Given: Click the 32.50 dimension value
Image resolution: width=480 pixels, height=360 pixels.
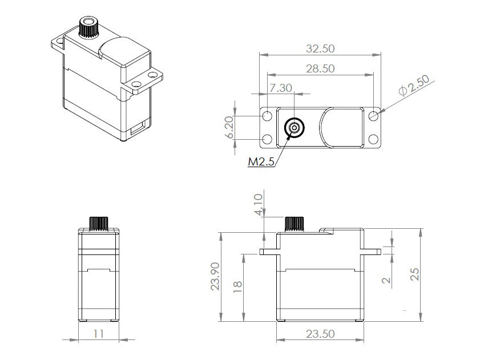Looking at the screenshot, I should [320, 48].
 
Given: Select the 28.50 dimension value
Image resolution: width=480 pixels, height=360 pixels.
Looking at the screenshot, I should [320, 68].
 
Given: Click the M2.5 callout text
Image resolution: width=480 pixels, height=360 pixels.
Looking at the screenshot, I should [261, 162].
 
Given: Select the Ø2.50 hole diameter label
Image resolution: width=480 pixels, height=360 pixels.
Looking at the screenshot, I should [414, 86].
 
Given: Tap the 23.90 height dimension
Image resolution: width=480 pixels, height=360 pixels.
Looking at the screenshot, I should [215, 277].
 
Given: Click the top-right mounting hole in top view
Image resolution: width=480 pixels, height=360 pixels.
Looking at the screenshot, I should [373, 116].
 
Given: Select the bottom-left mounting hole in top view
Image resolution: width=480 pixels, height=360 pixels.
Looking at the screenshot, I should [267, 139].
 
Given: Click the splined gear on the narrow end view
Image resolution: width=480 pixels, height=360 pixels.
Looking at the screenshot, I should [98, 223].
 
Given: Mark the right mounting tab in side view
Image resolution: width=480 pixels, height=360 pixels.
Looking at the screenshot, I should [372, 250].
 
